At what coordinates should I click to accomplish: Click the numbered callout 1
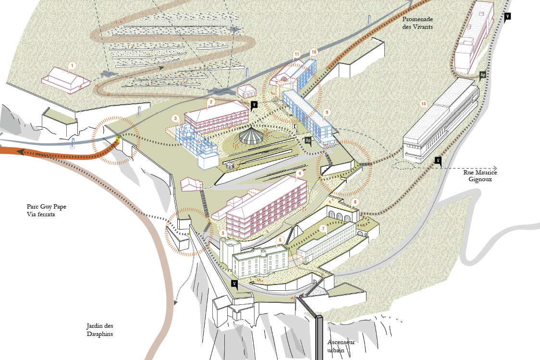73,65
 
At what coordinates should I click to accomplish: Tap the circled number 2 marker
211,101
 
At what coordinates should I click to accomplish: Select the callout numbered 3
176,119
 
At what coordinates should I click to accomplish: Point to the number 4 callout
300,174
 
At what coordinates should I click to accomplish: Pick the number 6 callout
281,240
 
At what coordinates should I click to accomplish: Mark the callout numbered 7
323,228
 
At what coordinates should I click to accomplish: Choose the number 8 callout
355,202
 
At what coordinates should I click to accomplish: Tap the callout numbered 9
327,112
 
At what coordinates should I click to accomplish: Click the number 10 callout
313,52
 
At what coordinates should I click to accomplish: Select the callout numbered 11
297,54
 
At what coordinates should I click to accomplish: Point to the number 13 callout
424,104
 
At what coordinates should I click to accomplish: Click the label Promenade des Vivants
417,23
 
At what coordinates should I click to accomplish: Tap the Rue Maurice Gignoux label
480,176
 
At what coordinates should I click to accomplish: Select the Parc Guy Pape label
47,207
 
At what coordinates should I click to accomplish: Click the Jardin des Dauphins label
99,330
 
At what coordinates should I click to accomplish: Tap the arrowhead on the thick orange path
22,152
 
